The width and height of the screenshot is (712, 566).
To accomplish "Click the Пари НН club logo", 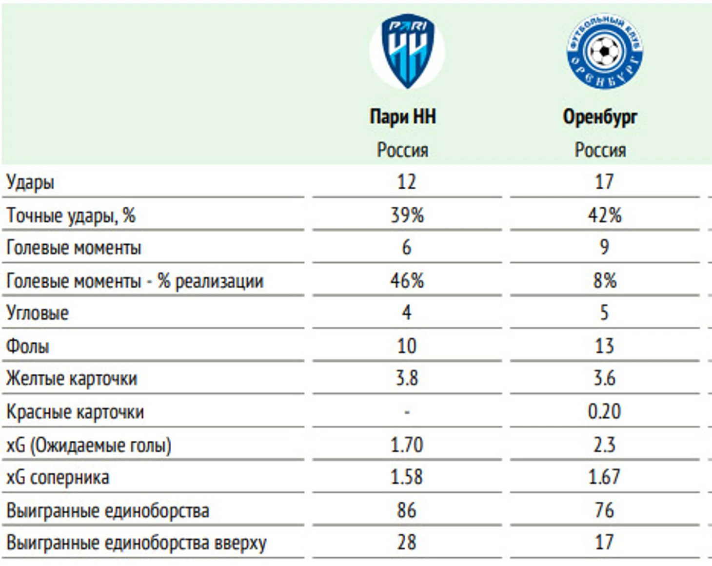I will pos(407,51).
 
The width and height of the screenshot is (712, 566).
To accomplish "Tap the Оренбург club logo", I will pos(605,51).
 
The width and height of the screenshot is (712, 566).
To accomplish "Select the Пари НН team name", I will pos(403,117).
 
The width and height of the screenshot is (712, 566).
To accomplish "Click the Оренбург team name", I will pos(600,117).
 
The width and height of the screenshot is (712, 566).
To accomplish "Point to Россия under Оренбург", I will pos(600,150).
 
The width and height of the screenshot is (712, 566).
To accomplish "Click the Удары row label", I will pos(30,182).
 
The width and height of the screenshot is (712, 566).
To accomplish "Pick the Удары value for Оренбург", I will pos(604,182).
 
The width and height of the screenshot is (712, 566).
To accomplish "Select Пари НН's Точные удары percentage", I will pos(407,215).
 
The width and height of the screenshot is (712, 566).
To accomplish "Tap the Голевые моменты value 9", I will pos(604,247).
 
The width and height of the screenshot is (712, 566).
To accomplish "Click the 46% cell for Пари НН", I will pos(407,280).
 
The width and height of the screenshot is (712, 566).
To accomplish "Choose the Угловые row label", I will pos(38,313).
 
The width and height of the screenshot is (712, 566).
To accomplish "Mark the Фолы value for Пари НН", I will pos(407,346).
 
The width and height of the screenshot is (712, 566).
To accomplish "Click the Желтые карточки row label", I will pos(72,379).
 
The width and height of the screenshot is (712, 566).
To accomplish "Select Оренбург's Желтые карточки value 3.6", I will pos(604,378).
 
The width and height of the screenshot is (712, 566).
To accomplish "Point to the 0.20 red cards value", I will pos(604,411).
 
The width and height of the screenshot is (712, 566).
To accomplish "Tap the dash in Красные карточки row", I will pos(407,412).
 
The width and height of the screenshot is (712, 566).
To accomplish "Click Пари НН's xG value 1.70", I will pos(407,445).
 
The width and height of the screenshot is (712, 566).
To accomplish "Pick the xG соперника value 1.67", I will pos(604,477).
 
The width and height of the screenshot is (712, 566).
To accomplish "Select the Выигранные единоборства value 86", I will pos(407,510).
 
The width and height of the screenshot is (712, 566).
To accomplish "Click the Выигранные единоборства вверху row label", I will pos(137,543).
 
